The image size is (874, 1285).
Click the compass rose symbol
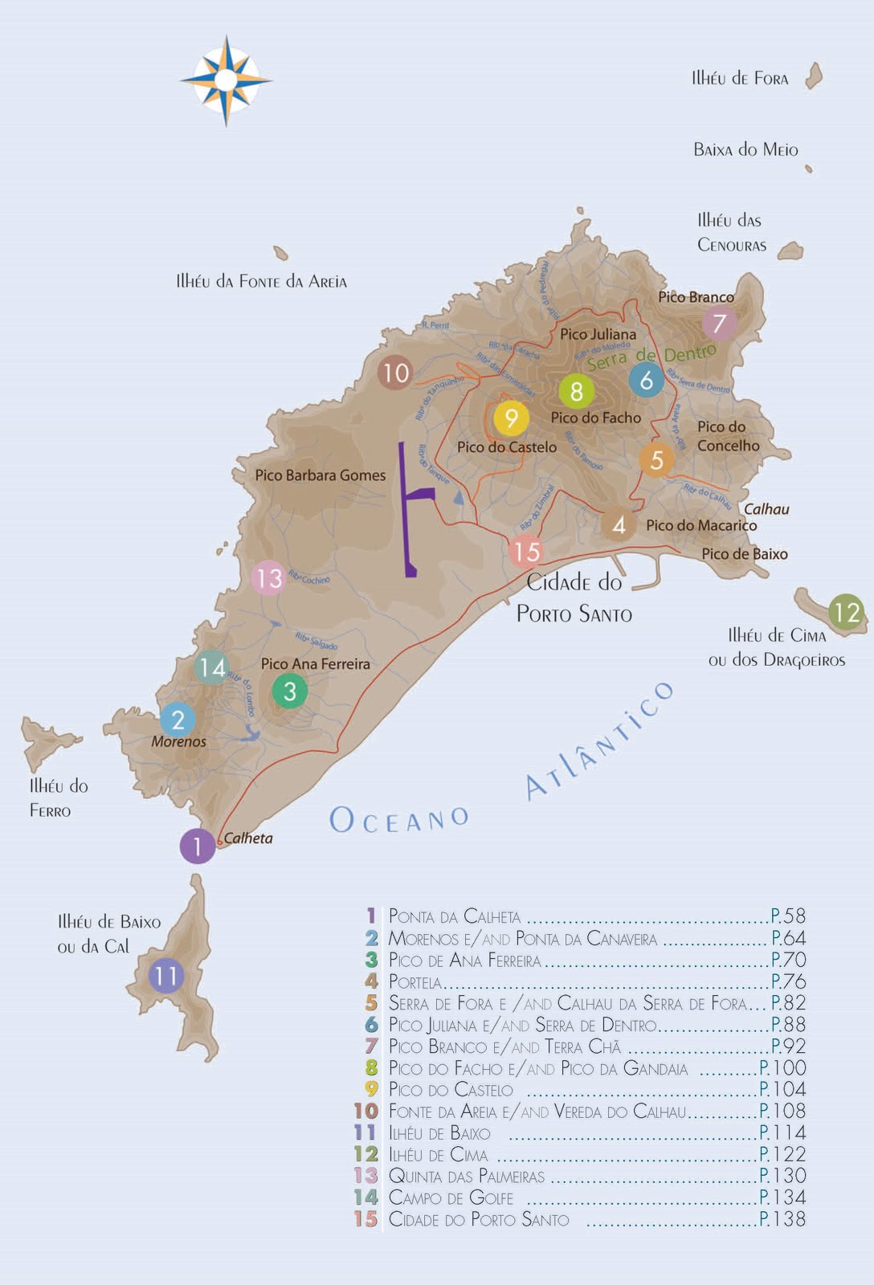click(226, 80)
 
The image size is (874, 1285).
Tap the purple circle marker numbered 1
click(197, 846)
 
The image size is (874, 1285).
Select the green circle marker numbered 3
click(290, 691)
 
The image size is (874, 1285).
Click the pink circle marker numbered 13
click(269, 578)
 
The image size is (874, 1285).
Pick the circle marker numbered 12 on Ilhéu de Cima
click(846, 613)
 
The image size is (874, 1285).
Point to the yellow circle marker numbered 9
click(511, 418)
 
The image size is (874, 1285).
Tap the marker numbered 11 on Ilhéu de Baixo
click(166, 976)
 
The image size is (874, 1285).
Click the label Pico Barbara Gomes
click(320, 475)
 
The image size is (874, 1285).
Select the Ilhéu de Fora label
click(740, 79)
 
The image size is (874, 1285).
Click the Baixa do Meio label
click(745, 149)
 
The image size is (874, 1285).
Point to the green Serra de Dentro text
click(651, 357)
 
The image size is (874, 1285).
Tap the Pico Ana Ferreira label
click(315, 664)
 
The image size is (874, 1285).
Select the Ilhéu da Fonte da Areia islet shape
click(280, 254)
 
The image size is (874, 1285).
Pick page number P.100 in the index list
click(782, 1068)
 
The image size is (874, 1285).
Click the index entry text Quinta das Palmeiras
click(466, 1177)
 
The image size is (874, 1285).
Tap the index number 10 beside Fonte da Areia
click(366, 1111)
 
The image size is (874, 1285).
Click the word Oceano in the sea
click(399, 820)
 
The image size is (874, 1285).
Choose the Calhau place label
click(766, 509)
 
